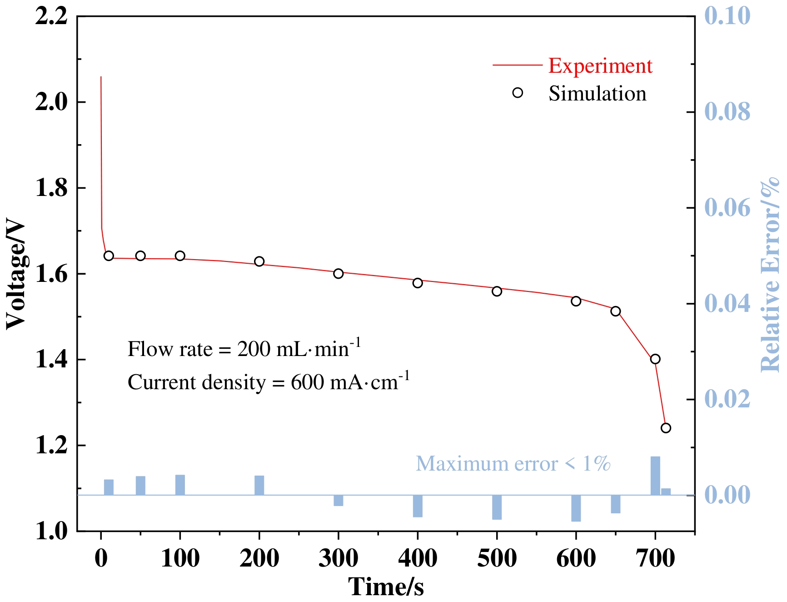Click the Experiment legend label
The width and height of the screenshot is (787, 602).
(x=600, y=66)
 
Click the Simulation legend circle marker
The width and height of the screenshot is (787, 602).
(x=518, y=93)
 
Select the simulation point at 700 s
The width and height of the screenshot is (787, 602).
(x=655, y=359)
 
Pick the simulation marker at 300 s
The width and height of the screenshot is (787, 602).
(x=338, y=273)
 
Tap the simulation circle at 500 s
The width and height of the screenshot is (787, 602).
(x=497, y=291)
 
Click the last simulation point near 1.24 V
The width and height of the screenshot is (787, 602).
(x=666, y=428)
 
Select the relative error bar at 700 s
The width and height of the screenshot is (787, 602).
(x=655, y=476)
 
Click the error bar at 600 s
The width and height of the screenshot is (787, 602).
(x=576, y=508)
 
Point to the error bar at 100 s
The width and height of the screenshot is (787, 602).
(x=180, y=485)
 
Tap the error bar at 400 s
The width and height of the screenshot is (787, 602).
(x=418, y=506)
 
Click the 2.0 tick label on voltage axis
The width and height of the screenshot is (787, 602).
(x=51, y=102)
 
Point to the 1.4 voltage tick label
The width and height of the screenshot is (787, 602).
(x=51, y=360)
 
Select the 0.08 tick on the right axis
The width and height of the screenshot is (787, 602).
(x=727, y=112)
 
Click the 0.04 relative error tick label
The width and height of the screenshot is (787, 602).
(x=727, y=304)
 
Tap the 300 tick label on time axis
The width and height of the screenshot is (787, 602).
(x=338, y=558)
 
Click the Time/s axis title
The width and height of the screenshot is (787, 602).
(x=386, y=586)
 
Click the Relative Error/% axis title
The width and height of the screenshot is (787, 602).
(x=770, y=275)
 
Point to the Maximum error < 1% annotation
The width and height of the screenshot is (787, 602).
(x=513, y=464)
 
